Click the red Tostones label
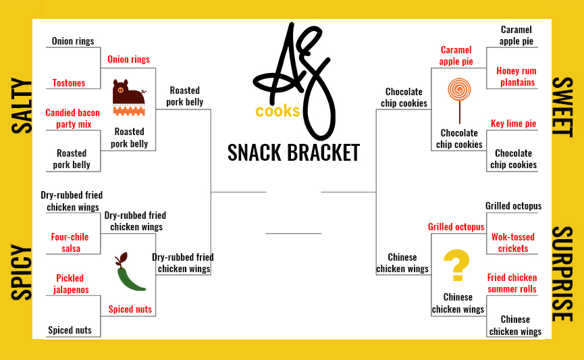[69, 83]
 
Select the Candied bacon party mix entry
[72, 118]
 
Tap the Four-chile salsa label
[70, 242]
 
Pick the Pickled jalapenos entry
[70, 284]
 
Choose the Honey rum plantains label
[516, 76]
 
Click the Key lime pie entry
[513, 124]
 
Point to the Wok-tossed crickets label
[513, 242]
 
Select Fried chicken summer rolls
[512, 283]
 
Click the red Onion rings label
[129, 59]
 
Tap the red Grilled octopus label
[456, 227]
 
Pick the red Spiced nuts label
[130, 309]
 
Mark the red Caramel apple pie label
[456, 55]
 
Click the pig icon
[128, 99]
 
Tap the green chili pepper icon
[130, 273]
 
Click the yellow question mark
[457, 265]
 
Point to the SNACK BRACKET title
[293, 152]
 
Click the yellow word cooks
[277, 111]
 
